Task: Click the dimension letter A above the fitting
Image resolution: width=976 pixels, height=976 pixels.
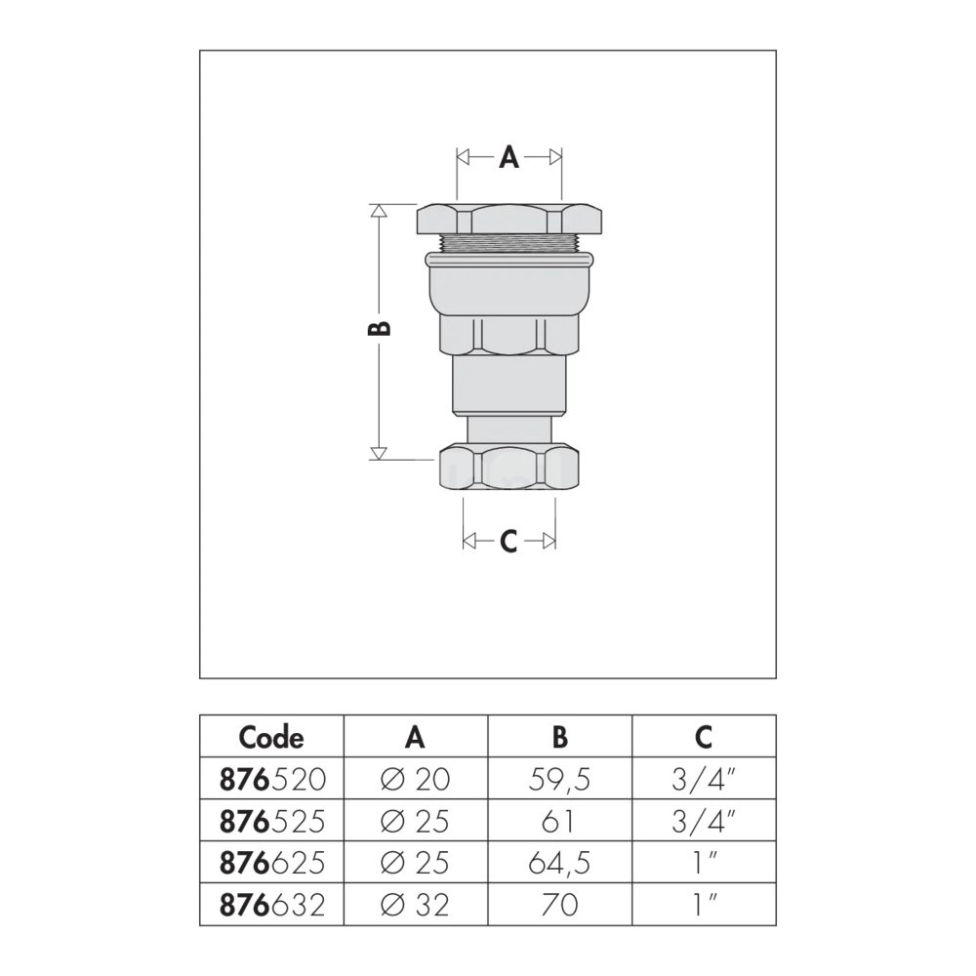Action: click(508, 157)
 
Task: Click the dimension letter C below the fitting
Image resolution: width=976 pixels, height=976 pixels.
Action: click(508, 542)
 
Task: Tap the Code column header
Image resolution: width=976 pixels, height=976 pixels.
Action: click(271, 738)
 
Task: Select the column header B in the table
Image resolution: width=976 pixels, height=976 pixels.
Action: click(559, 737)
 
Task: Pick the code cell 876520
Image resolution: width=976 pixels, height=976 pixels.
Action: click(272, 779)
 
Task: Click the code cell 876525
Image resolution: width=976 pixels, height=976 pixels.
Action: click(272, 821)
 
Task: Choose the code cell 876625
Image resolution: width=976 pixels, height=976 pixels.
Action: click(272, 863)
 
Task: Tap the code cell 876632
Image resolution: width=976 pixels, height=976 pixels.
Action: click(272, 905)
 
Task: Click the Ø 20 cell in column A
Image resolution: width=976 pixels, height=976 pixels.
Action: click(415, 779)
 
